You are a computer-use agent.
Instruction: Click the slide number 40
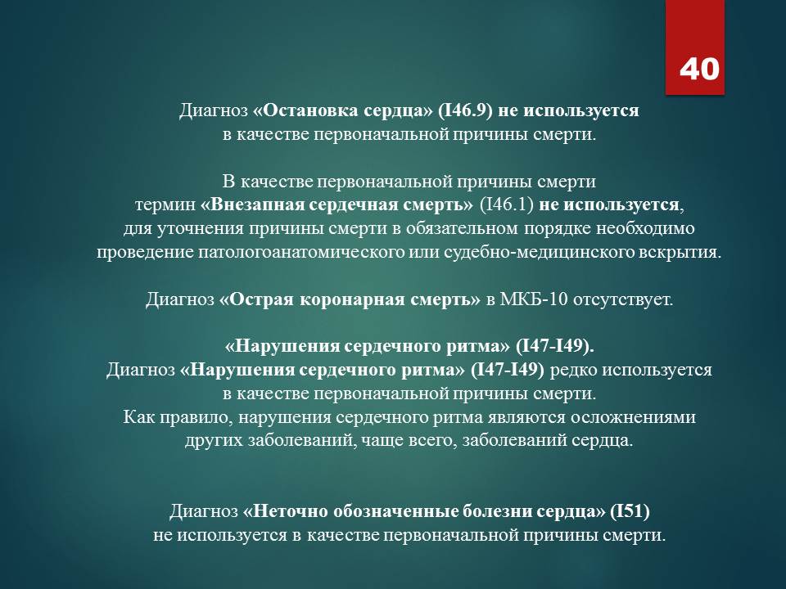click(x=699, y=69)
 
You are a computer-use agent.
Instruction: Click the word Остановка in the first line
click(x=309, y=110)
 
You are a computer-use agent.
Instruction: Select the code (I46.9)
click(x=465, y=110)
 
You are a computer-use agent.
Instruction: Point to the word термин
click(x=165, y=205)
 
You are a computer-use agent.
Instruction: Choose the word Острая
click(x=260, y=299)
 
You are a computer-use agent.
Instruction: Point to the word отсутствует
click(x=622, y=299)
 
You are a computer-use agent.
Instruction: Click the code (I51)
click(x=630, y=511)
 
